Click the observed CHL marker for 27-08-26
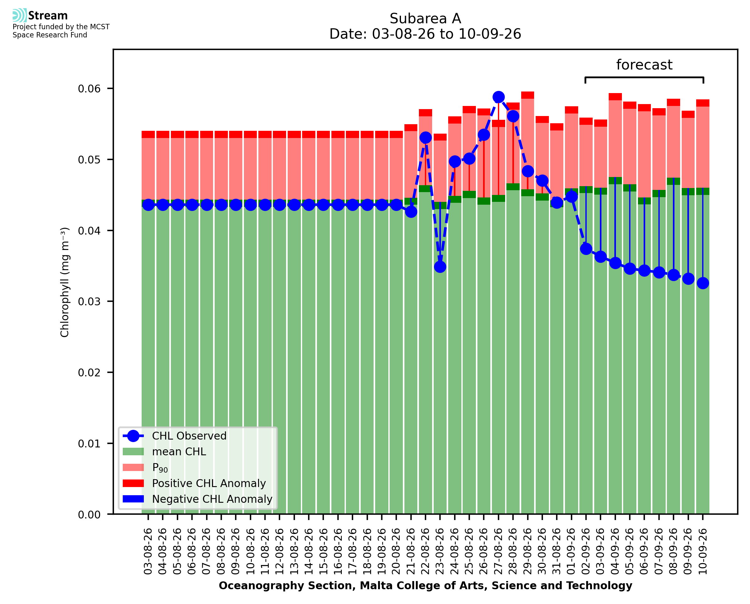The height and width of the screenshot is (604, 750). [498, 97]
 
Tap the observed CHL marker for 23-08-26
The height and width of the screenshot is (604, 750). [440, 267]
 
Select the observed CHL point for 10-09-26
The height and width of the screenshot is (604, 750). [703, 283]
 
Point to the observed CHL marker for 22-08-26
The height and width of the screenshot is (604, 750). [425, 137]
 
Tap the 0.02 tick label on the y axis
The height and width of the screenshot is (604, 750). [89, 373]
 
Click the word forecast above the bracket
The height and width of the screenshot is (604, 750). [644, 65]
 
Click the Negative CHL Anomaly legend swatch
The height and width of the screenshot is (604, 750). [133, 499]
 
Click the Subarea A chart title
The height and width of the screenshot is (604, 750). [425, 19]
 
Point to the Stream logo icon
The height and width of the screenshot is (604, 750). [20, 15]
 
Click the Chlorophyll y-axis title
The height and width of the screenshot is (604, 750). [65, 282]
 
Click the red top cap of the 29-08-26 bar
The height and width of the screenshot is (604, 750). [527, 95]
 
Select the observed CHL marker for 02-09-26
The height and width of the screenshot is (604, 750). [586, 249]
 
